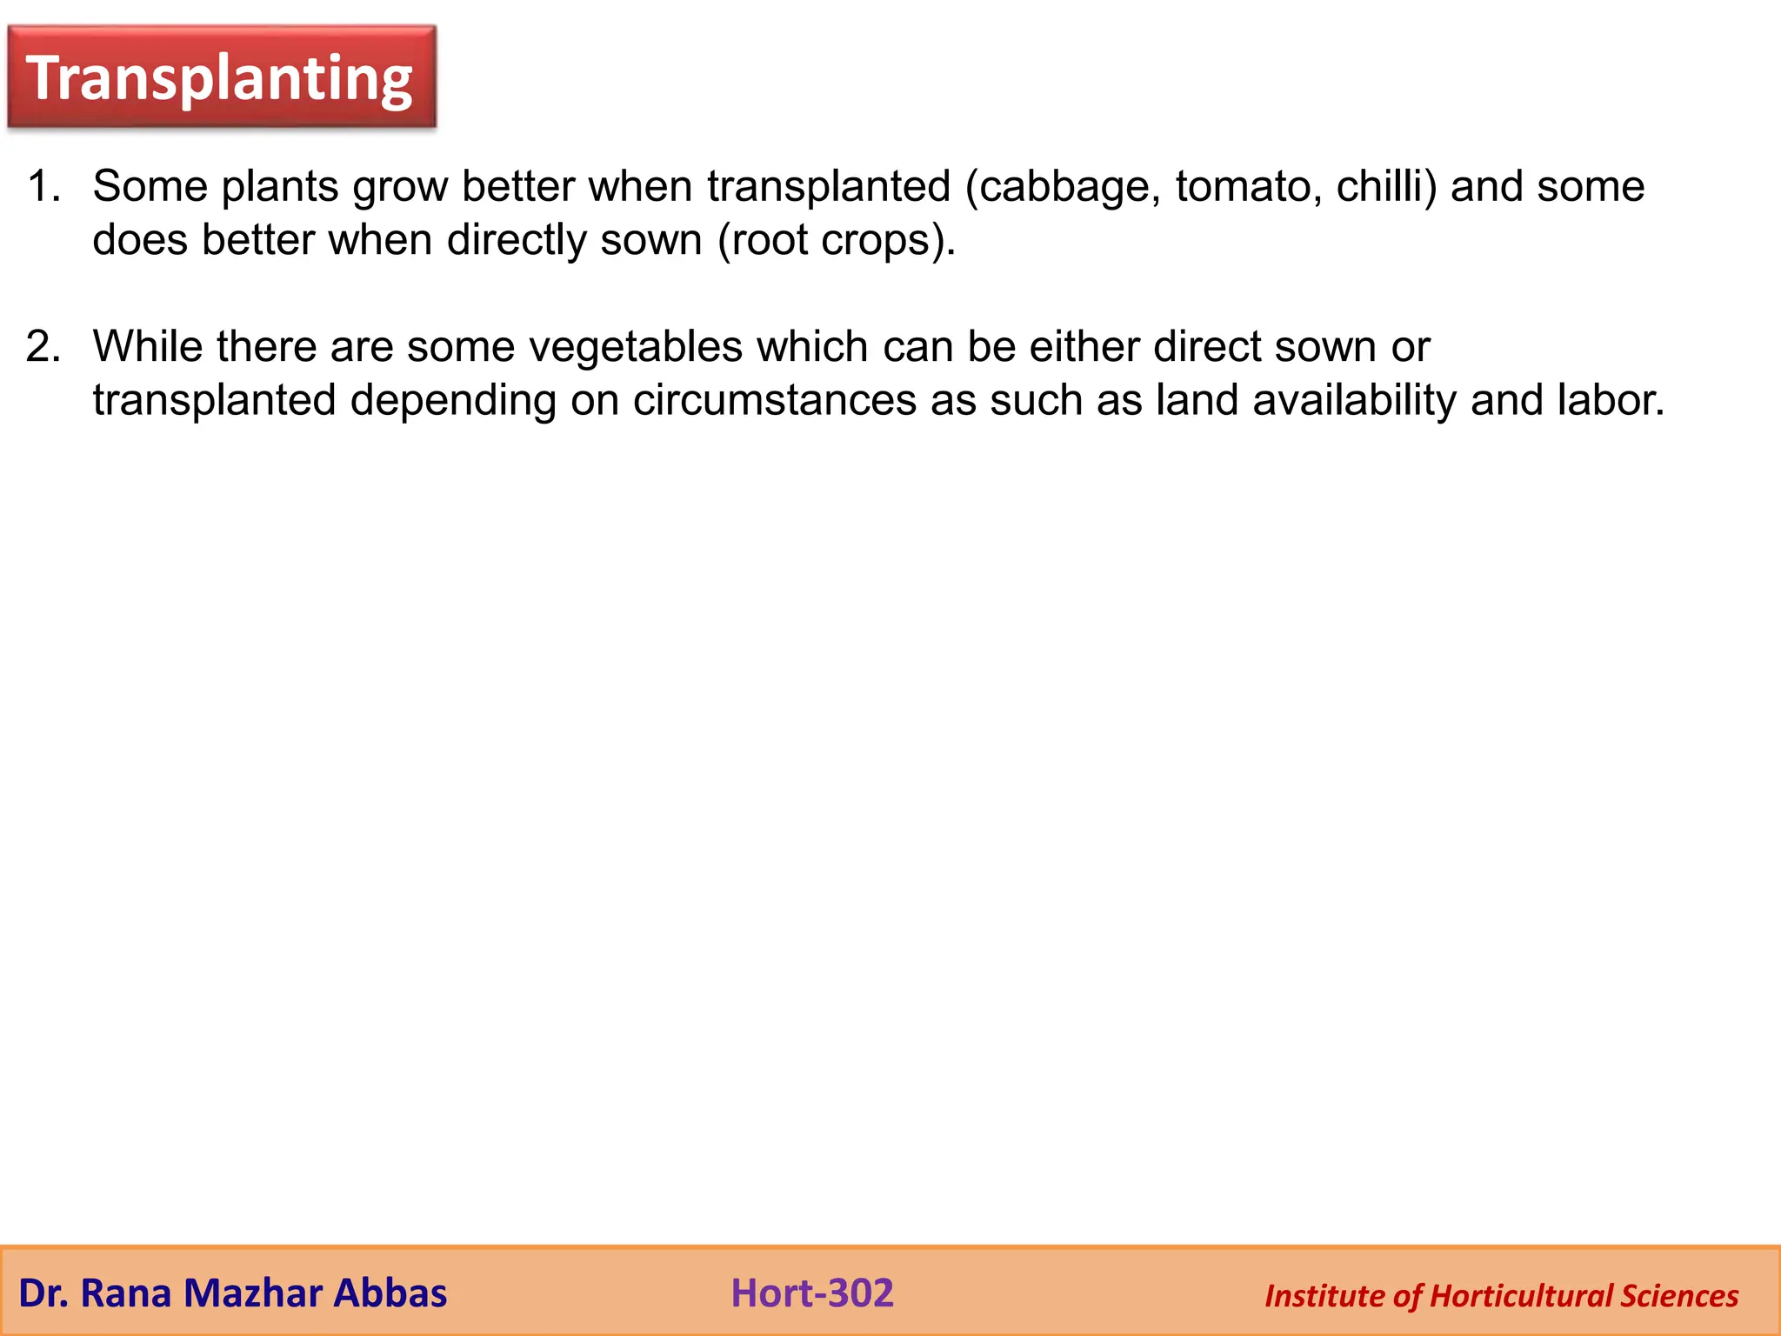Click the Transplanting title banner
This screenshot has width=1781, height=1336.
point(221,78)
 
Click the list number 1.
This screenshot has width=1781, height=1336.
point(43,186)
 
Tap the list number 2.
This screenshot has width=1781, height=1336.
point(43,346)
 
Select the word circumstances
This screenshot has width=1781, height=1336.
point(774,400)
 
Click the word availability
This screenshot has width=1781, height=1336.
point(1354,400)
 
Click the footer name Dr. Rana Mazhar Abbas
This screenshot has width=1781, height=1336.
point(232,1293)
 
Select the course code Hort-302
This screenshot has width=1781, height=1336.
point(811,1293)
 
